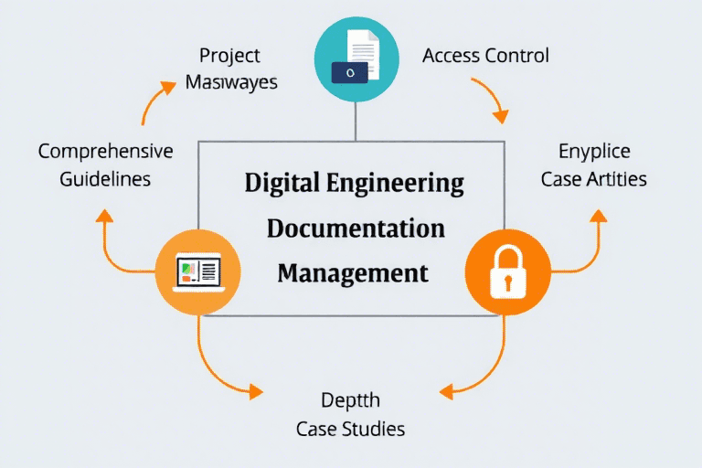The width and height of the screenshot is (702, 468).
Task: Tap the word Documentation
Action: [x=356, y=228]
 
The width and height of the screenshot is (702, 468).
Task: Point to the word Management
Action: [x=353, y=272]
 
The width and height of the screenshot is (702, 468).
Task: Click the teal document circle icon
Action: [x=356, y=58]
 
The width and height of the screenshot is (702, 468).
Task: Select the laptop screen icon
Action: [x=199, y=271]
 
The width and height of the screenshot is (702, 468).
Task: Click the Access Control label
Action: [x=485, y=56]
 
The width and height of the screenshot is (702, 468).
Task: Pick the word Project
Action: [x=231, y=56]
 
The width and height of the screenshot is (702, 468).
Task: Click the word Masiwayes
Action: [x=231, y=81]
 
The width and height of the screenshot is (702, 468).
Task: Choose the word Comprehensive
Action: [x=105, y=151]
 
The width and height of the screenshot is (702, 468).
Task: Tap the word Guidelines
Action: [x=105, y=178]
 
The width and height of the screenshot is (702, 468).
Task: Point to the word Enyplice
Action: [x=593, y=151]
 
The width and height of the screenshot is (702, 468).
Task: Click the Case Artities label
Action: [x=593, y=178]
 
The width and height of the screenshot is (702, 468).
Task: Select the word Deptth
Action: [x=350, y=400]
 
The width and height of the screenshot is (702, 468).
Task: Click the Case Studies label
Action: [x=350, y=428]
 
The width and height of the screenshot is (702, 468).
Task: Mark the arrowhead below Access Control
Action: [x=500, y=116]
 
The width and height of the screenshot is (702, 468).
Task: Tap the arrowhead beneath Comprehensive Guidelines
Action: [x=105, y=216]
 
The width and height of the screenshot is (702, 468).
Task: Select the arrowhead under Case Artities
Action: [x=598, y=216]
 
